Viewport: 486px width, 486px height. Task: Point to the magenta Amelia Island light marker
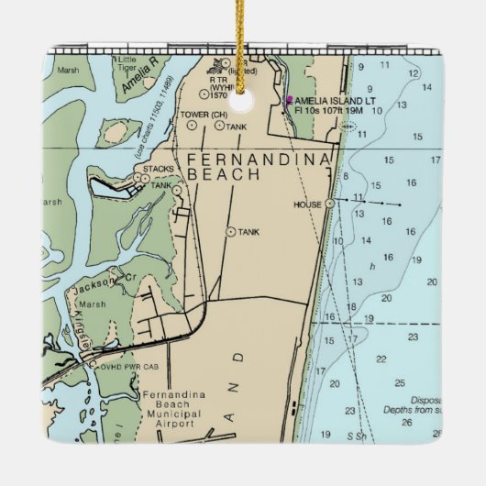coord(289,100)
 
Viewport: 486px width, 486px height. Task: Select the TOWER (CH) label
coord(204,115)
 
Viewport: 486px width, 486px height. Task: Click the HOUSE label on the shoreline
coord(307,204)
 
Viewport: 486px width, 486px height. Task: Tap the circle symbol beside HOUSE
coord(329,204)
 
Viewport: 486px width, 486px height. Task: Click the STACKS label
coord(158,170)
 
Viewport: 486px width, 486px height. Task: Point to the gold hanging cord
coord(244,37)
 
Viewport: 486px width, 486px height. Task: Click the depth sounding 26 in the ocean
coord(436,433)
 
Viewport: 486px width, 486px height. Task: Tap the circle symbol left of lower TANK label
coord(229,232)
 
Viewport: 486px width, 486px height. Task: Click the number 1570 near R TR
coord(218,94)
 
